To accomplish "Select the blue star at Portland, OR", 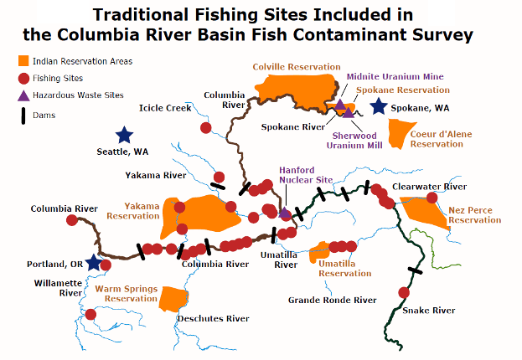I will pos(94,263).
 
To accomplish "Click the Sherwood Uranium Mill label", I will pos(357,139).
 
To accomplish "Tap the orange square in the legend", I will pos(24,61).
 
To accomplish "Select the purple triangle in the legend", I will pos(24,96).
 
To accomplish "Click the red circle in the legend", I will pos(24,79).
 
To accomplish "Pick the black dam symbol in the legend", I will pos(24,116).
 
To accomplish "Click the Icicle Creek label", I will pos(166,108).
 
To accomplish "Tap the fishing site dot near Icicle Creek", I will pos(206,127).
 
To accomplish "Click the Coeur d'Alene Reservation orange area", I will pos(401,130).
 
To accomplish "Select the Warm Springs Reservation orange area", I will pos(173,296).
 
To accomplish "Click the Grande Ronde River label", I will pos(332,300).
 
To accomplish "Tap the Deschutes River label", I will pos(214,318).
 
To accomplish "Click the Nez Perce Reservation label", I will pos(474,215).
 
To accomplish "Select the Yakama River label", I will pos(156,176).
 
